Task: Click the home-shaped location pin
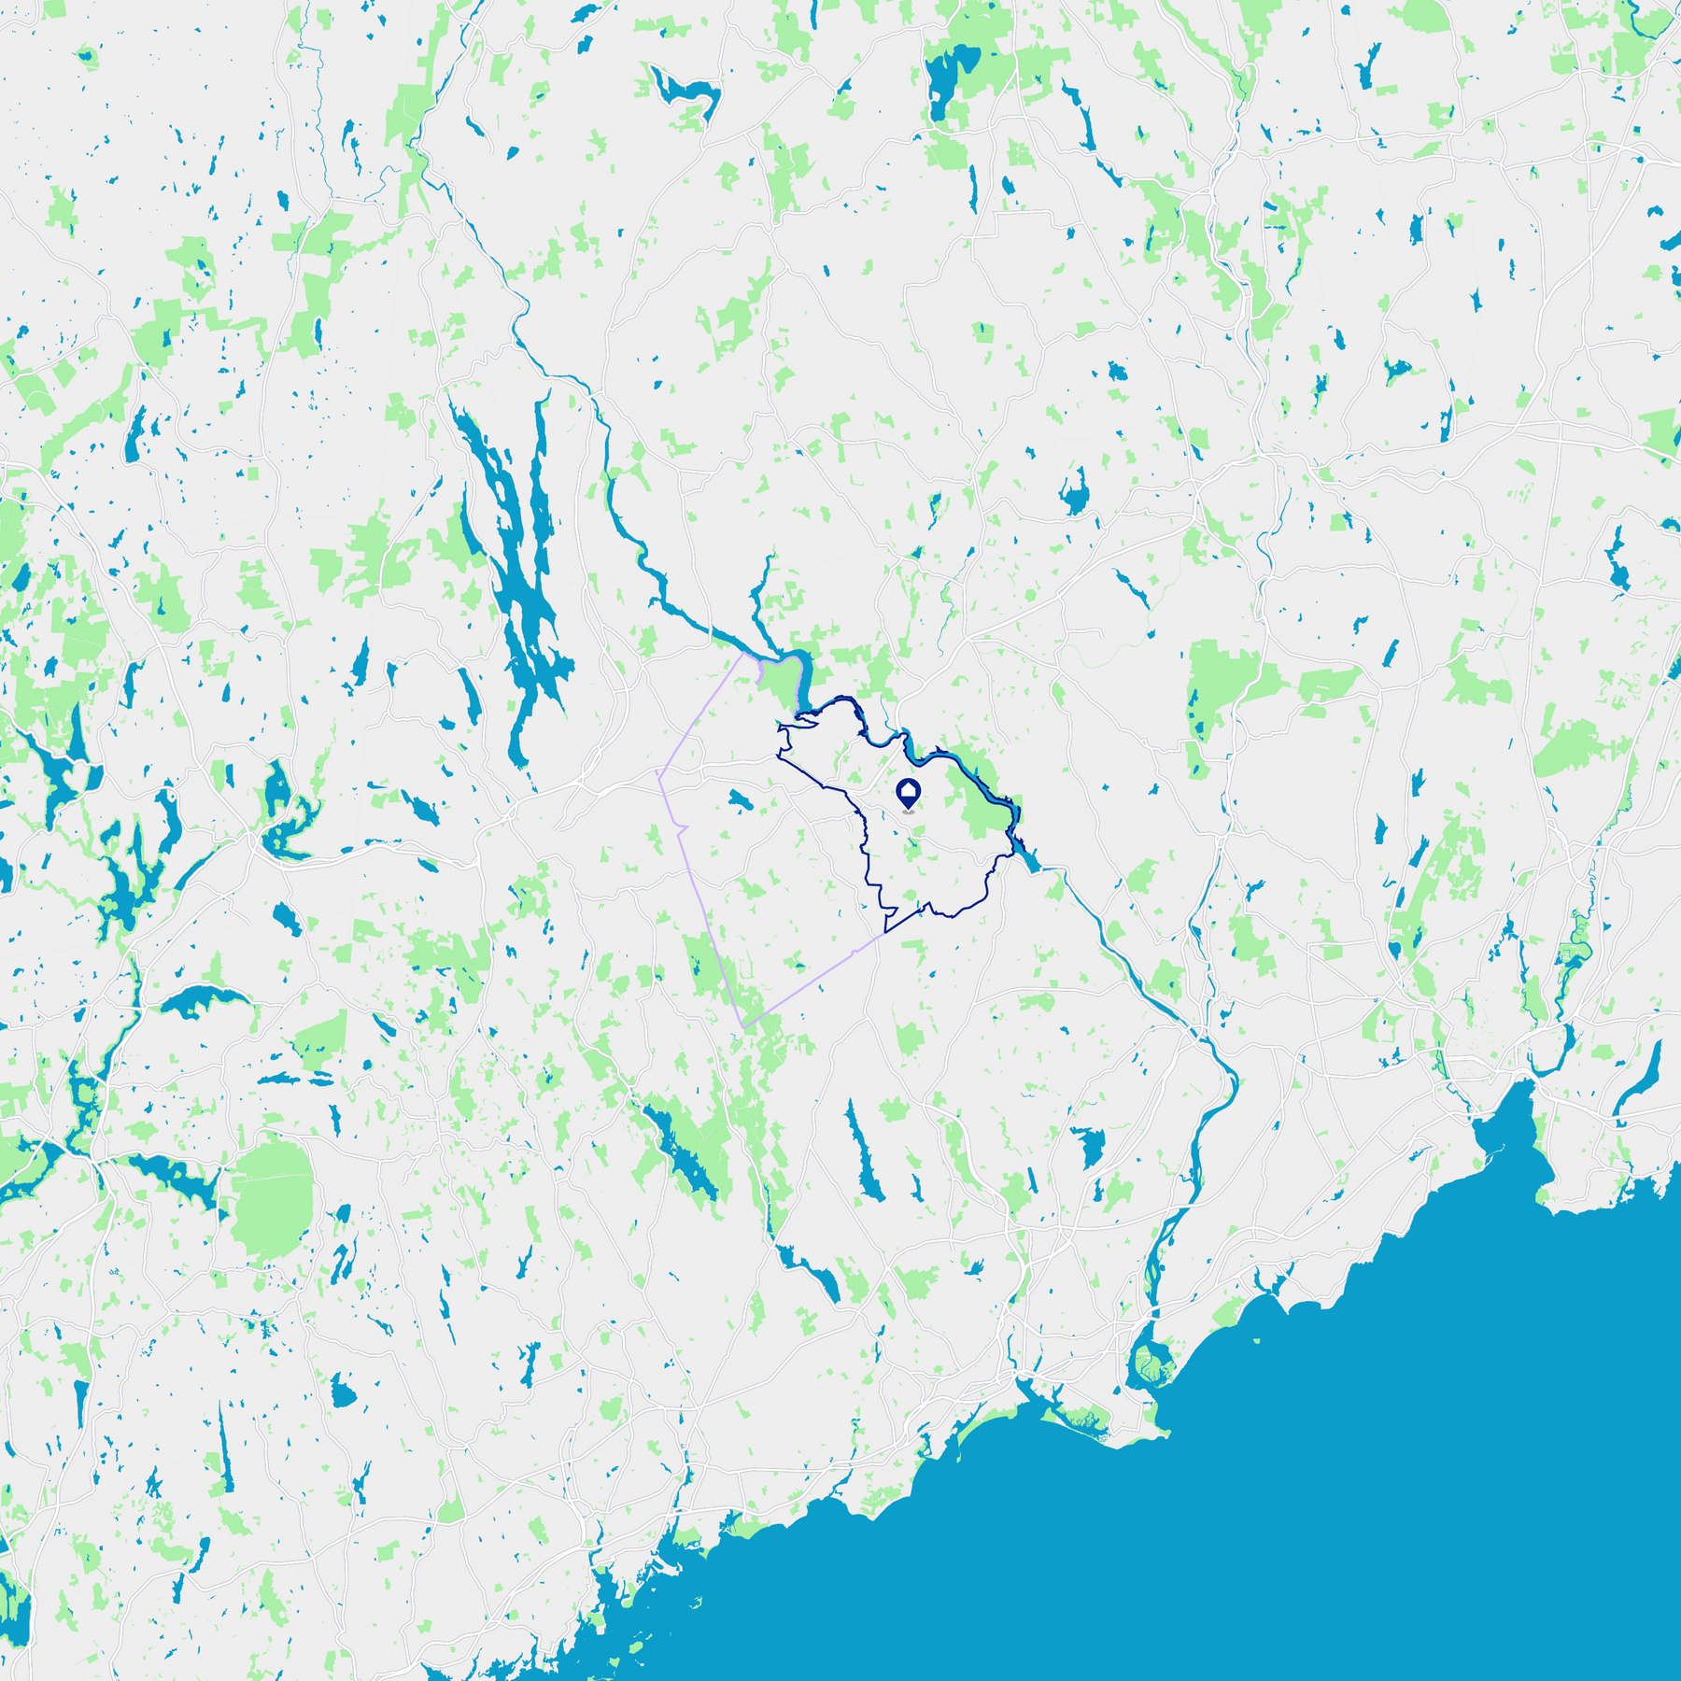(909, 793)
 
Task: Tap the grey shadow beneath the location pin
(909, 812)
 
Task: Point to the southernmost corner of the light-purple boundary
(743, 1028)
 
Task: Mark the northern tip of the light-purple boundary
(744, 653)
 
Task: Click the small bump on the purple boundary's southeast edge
(855, 952)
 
